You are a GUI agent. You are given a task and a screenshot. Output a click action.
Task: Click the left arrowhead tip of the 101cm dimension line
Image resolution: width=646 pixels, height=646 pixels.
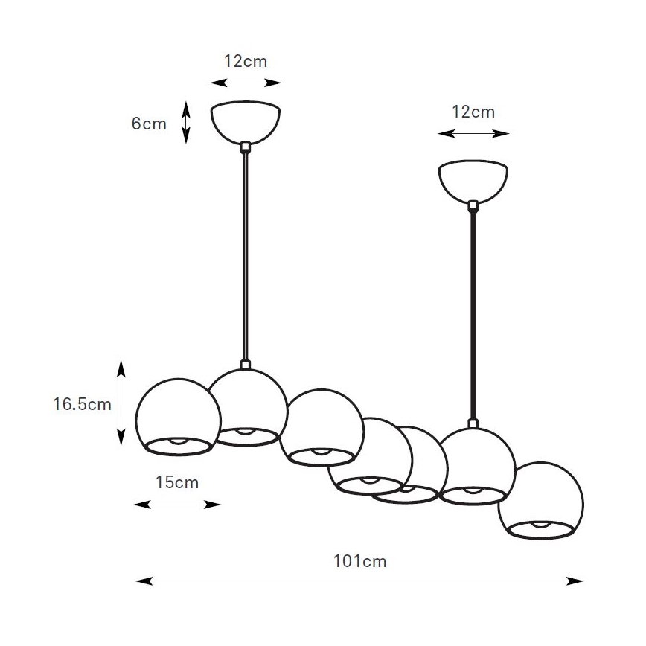pos(136,581)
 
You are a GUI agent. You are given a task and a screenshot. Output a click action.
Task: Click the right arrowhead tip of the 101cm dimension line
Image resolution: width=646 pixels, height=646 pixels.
pos(583,581)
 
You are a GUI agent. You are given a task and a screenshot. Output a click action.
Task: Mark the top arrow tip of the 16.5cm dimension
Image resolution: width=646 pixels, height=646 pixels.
pos(121,359)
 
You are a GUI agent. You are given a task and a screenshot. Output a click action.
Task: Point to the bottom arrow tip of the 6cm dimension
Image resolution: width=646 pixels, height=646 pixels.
pos(186,144)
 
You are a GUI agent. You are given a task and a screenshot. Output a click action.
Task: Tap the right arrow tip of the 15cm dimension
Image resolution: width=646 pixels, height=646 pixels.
pos(221,505)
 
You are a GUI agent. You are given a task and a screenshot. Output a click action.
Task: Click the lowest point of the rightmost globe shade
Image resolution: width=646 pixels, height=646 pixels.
pos(540,539)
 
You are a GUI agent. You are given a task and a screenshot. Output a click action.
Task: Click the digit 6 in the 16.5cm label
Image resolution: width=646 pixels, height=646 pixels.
pos(64,404)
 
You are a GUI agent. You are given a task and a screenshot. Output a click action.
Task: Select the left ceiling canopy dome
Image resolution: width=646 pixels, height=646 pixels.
pos(246,122)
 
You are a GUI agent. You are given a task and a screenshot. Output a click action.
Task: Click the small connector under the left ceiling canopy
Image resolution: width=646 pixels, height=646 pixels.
pos(246,147)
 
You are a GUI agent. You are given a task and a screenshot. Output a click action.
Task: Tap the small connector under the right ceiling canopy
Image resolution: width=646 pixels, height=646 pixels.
pos(473,205)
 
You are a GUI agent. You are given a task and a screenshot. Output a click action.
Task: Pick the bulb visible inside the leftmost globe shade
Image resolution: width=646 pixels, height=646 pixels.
pos(179,441)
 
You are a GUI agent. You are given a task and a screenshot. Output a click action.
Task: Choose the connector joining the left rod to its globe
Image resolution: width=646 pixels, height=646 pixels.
pos(246,364)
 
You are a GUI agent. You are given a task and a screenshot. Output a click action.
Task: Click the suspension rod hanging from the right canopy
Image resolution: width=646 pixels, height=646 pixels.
pos(473,315)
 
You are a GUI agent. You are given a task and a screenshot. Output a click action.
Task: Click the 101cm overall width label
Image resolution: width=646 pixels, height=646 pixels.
pos(359,561)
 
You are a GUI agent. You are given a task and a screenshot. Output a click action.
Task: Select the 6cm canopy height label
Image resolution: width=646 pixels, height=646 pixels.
pos(149,124)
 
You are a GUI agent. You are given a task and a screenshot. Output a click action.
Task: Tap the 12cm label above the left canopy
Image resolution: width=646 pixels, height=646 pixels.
pos(246,61)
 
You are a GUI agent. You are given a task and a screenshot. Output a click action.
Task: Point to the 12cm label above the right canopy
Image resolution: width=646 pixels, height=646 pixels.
pos(473,112)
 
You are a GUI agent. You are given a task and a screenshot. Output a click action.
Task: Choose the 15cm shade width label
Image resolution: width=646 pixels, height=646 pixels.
pos(177,482)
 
